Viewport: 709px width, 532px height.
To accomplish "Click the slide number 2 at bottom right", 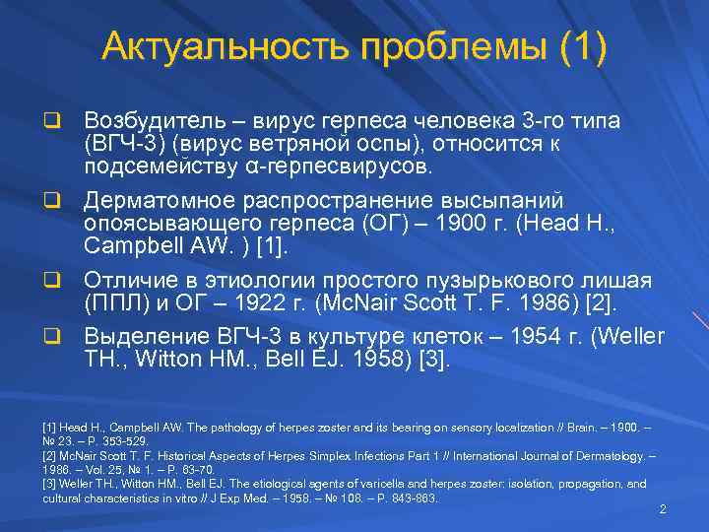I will [x=663, y=509].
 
